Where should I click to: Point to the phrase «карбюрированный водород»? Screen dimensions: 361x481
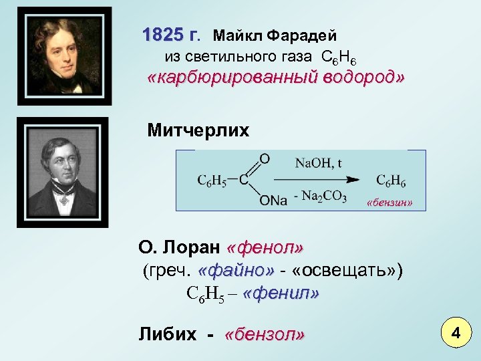pyautogui.click(x=275, y=78)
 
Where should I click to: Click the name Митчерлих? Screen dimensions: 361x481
pyautogui.click(x=198, y=130)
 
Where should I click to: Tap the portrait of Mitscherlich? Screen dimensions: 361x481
pyautogui.click(x=62, y=172)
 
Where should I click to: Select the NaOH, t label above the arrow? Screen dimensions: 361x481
pyautogui.click(x=319, y=162)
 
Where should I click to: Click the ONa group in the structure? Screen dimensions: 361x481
pyautogui.click(x=273, y=201)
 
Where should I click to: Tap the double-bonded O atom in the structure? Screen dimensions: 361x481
pyautogui.click(x=265, y=158)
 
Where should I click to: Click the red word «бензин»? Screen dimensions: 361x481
pyautogui.click(x=390, y=202)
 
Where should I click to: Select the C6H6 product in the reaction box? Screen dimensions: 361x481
pyautogui.click(x=391, y=180)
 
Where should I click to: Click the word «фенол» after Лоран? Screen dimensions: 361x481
pyautogui.click(x=265, y=249)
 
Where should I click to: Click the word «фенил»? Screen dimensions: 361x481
pyautogui.click(x=281, y=293)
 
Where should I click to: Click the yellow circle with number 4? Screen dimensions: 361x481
pyautogui.click(x=456, y=332)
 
